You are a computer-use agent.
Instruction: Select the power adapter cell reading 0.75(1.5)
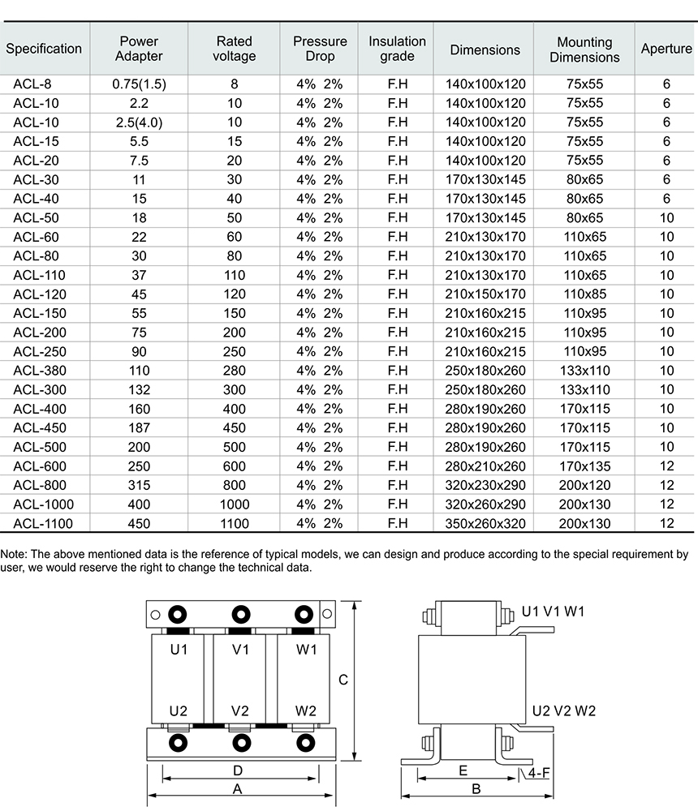[x=139, y=84]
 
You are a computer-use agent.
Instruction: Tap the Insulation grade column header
[x=397, y=49]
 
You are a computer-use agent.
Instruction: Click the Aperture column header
[x=666, y=49]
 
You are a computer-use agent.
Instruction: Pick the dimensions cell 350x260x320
[x=485, y=524]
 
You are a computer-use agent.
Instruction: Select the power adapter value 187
[x=139, y=428]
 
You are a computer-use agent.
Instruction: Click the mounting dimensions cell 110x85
[x=584, y=294]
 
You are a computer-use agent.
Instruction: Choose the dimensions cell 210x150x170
[x=485, y=294]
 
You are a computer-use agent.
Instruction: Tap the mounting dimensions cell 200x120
[x=584, y=486]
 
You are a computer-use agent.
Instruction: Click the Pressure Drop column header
[x=320, y=49]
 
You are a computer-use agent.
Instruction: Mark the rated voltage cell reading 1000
[x=234, y=504]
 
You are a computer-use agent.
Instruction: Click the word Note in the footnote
[x=14, y=555]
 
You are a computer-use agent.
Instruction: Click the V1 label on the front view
[x=240, y=650]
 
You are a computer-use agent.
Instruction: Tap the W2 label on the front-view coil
[x=305, y=710]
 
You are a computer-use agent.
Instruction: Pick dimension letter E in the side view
[x=463, y=770]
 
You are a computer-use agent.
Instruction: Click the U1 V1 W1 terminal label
[x=553, y=611]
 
